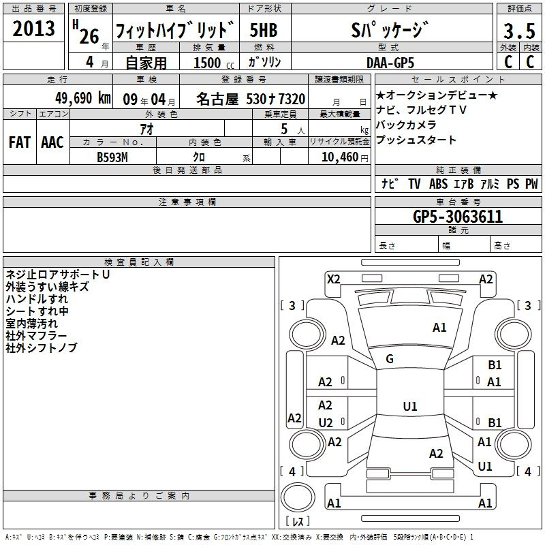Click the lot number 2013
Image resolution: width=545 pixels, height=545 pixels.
point(33,29)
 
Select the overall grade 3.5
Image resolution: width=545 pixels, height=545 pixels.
point(519,31)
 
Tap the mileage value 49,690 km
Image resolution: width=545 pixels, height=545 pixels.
point(82,98)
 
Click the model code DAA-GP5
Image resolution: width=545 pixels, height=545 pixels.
point(390,63)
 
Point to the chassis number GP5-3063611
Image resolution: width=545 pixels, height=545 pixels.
point(458,217)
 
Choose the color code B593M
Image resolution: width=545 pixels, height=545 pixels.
point(112,157)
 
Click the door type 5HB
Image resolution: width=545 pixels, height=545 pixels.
point(264,30)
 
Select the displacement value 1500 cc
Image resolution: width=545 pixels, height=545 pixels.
point(214,63)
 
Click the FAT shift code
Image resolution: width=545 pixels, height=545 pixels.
point(20,142)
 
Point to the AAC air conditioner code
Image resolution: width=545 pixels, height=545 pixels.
point(52,142)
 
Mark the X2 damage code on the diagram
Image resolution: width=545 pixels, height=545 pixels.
point(333,279)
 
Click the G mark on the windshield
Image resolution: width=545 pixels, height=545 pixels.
point(390,359)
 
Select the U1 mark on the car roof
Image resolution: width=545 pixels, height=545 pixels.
point(410,406)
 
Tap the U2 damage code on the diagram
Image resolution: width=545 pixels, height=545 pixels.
point(326,422)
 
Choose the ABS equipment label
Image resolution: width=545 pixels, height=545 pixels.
point(438,184)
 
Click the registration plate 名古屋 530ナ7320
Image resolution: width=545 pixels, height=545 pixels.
point(251,99)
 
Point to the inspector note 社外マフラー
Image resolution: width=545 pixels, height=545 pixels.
point(36,336)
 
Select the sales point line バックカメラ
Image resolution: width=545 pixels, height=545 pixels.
point(406,125)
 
